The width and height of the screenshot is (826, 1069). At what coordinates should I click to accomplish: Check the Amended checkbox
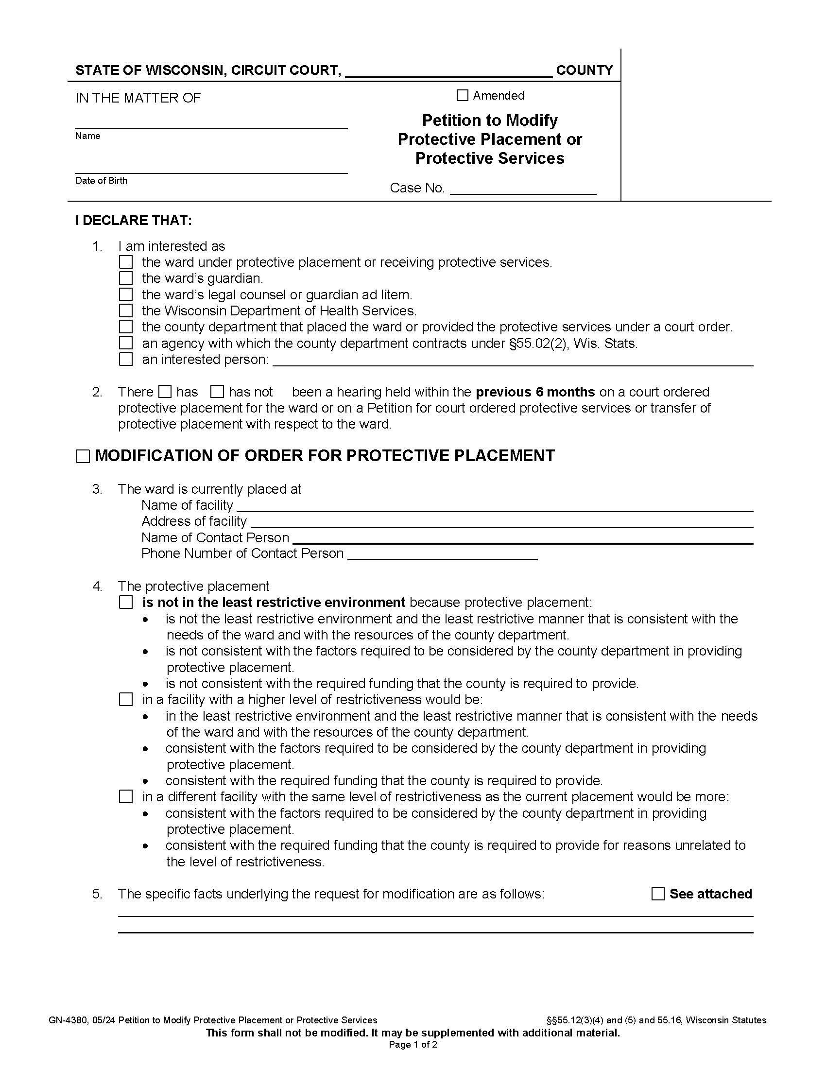coord(462,95)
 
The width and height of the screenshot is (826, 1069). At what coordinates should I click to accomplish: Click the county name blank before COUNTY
coord(449,71)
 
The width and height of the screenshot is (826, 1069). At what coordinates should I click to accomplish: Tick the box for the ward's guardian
coord(126,278)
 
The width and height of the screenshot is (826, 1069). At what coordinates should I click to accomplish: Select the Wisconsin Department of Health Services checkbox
coord(126,310)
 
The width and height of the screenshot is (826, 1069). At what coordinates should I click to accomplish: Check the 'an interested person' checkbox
coord(126,359)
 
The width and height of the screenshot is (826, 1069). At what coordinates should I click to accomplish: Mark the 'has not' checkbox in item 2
coord(217,392)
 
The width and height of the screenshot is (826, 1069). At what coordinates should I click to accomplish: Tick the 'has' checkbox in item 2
coord(165,392)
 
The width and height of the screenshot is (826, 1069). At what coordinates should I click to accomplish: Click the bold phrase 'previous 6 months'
coord(535,392)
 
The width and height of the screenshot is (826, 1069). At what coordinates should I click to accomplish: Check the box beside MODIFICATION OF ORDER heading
coord(83,457)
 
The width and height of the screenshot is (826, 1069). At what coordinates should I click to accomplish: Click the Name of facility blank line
coord(494,506)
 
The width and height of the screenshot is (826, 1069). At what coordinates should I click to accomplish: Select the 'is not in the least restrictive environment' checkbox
coord(126,602)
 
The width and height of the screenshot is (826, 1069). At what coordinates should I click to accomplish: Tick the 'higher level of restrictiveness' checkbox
coord(126,699)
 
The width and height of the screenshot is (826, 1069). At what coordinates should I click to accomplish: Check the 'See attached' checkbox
coord(658,894)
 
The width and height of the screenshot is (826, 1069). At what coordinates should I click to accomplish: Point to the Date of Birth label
coord(101,181)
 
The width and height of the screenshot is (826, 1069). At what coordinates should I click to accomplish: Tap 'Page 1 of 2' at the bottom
coord(413,1045)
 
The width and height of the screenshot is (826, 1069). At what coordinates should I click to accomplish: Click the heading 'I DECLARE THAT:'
coord(134,220)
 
